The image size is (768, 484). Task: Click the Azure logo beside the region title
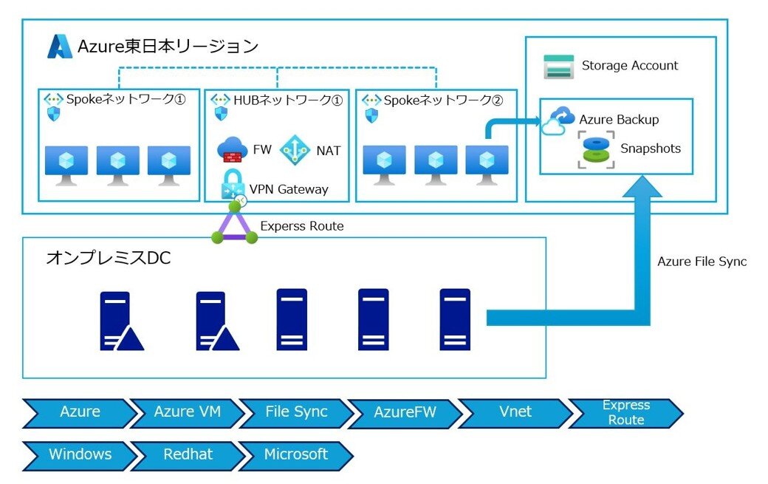pos(60,47)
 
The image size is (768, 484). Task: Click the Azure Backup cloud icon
pos(558,121)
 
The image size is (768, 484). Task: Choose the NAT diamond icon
pos(295,150)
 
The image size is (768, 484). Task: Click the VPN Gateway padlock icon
pos(233,185)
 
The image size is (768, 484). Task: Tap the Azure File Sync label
pos(702,262)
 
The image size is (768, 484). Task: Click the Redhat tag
pos(188,454)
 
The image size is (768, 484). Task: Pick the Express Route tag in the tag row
pos(625,412)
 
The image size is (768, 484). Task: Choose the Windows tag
pos(80,454)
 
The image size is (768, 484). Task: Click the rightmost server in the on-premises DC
pos(455,318)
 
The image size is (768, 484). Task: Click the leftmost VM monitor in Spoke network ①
pos(66,165)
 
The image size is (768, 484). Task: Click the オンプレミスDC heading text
pos(109,258)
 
